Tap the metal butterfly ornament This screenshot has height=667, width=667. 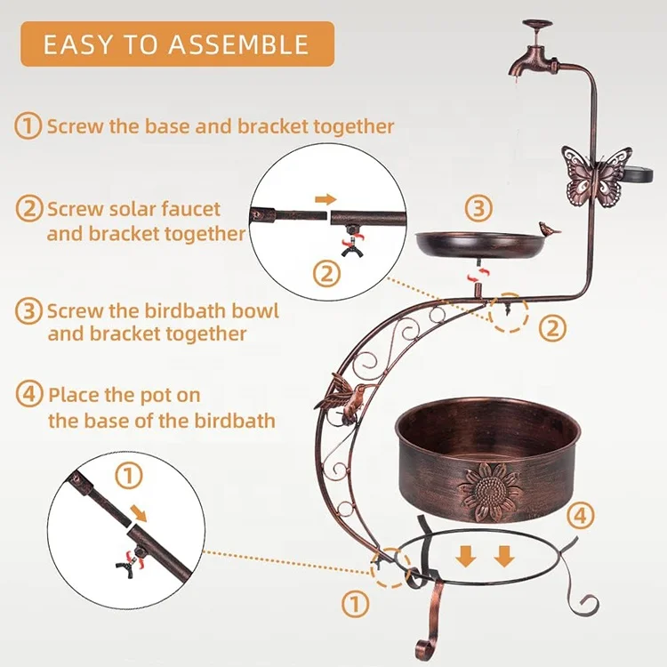(596, 177)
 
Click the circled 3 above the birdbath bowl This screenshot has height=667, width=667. (478, 209)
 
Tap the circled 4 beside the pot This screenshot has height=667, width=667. (578, 514)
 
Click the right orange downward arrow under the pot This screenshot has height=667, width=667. (503, 557)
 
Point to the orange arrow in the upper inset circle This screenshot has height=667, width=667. (326, 199)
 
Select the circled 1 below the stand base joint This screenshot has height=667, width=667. (355, 605)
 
